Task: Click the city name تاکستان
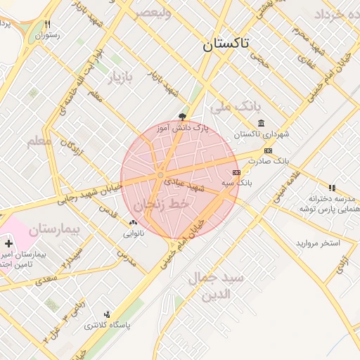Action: (x=226, y=44)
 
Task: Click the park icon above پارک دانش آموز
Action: (x=184, y=117)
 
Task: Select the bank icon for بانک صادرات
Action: (x=268, y=150)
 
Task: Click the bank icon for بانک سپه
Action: (x=236, y=172)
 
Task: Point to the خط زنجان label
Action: (x=153, y=205)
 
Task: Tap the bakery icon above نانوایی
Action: (x=133, y=223)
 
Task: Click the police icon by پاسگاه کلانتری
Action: (x=107, y=314)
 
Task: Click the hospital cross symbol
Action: (x=8, y=243)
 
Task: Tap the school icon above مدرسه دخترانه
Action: (x=332, y=188)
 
